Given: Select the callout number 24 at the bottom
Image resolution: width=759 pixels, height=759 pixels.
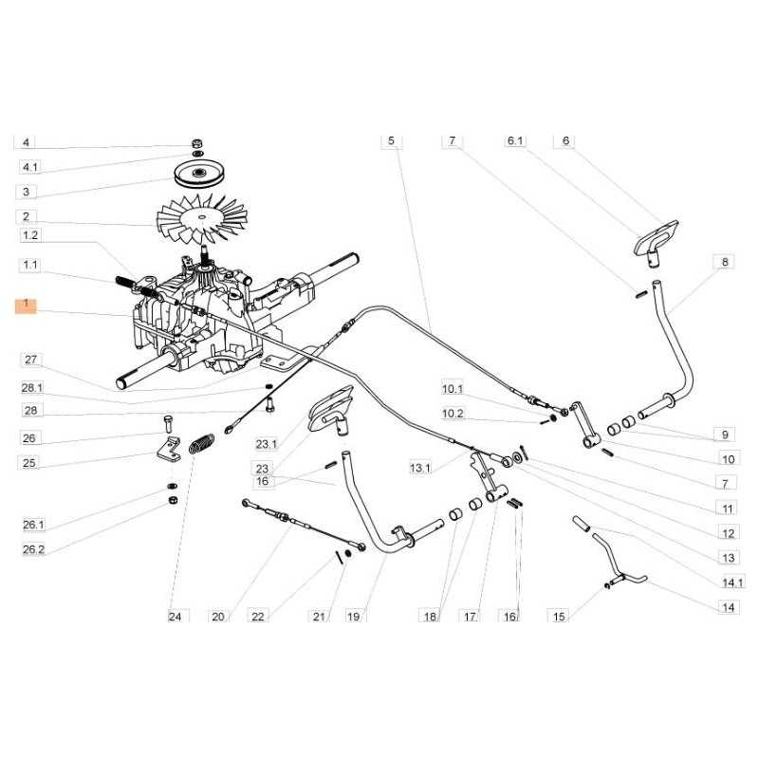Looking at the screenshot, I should [174, 617].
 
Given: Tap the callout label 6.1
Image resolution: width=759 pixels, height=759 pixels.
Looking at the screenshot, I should [515, 140].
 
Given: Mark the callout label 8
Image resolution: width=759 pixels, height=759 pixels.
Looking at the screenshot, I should [725, 261].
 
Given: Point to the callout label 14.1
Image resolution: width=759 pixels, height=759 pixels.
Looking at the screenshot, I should [733, 582].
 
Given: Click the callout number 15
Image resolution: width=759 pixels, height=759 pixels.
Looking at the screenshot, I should [559, 617].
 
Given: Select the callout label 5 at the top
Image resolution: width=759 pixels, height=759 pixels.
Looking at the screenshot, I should [389, 140].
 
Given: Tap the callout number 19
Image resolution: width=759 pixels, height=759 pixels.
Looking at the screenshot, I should [354, 617].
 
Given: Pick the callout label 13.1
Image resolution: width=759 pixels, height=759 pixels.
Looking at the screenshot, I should [419, 468].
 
